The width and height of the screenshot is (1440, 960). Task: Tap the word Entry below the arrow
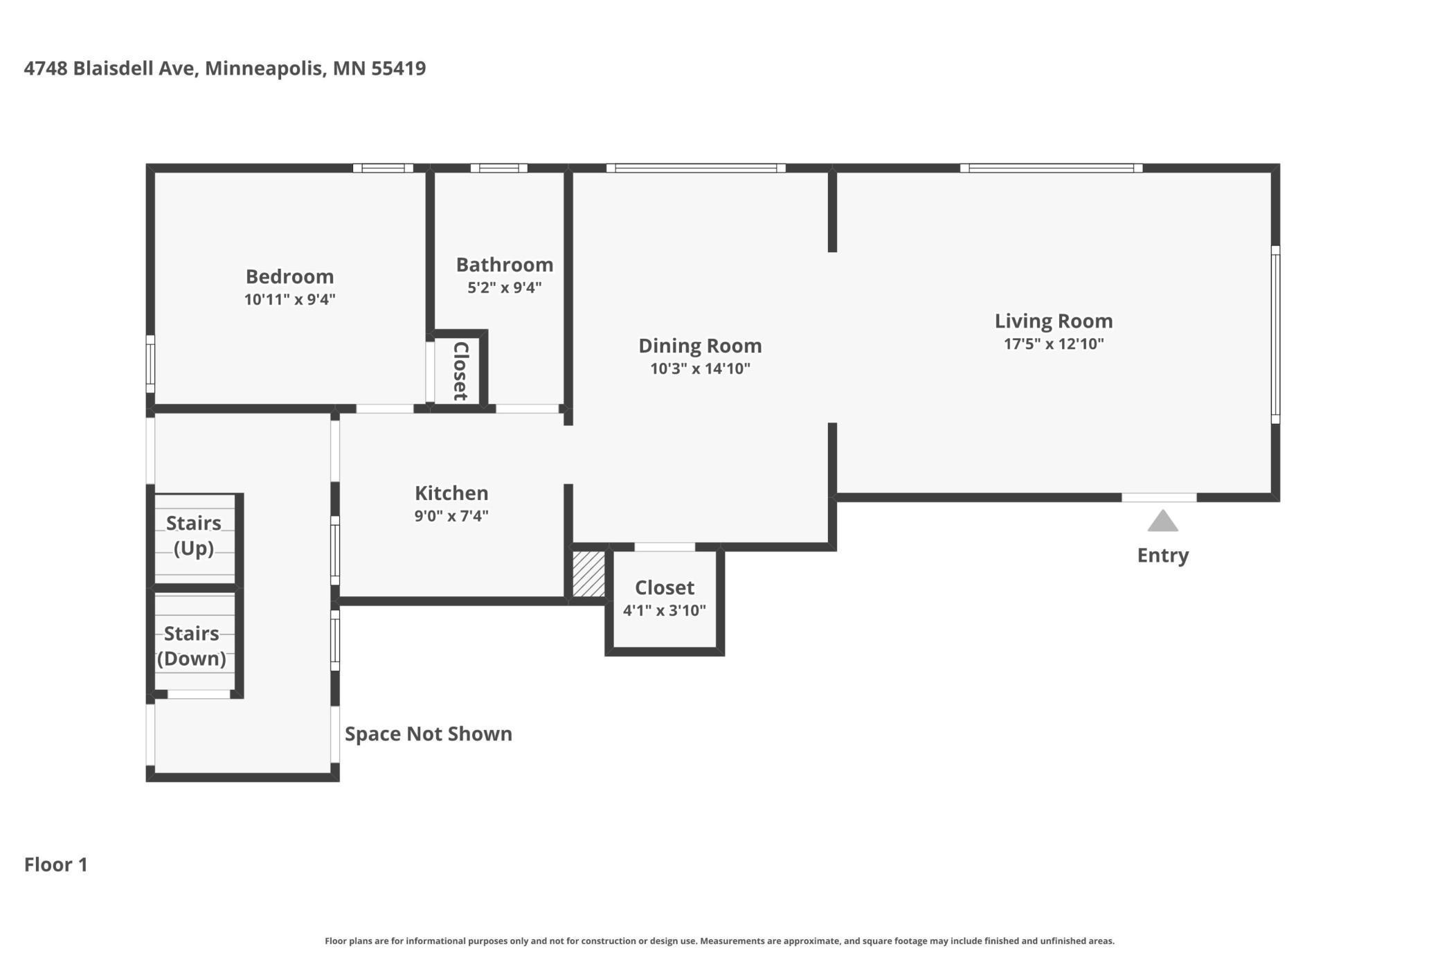point(1162,555)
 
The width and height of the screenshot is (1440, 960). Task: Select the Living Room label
point(1053,321)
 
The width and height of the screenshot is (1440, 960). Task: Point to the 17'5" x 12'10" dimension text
point(1053,344)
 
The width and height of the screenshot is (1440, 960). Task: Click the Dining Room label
point(699,346)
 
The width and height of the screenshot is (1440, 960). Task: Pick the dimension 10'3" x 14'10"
point(699,368)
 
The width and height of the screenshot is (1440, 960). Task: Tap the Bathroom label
point(504,265)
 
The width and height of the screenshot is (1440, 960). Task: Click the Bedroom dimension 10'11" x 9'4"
point(289,299)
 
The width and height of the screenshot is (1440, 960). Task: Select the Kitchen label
point(451,493)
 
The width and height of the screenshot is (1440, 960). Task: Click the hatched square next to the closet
point(588,573)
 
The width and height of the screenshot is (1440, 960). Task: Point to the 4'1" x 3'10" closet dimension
point(664,610)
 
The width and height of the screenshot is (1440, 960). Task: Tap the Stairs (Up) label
point(193,535)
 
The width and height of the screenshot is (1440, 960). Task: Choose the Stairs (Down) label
point(192,646)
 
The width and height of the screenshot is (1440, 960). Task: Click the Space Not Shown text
point(428,734)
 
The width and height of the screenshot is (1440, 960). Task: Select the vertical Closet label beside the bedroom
point(460,371)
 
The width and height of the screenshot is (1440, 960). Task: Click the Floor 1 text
point(56,864)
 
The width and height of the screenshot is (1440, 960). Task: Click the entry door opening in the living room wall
point(1159,497)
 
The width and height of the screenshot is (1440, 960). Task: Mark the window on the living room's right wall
point(1275,334)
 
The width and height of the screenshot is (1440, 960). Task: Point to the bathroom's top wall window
point(498,168)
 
